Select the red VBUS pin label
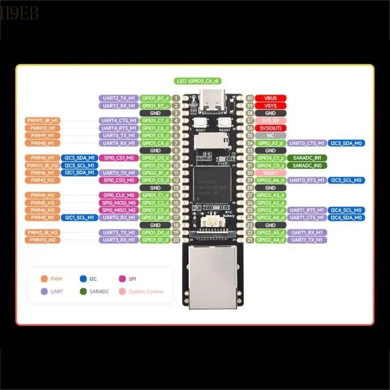tap(271, 98)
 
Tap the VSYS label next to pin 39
tap(271, 105)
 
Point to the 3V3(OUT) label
tap(271, 128)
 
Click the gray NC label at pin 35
tap(271, 136)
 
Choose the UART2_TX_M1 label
tap(118, 98)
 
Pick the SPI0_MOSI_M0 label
tap(118, 202)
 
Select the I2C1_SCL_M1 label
tap(79, 217)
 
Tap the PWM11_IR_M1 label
tap(42, 120)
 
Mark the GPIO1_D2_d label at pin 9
tap(156, 158)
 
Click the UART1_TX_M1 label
tap(307, 240)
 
